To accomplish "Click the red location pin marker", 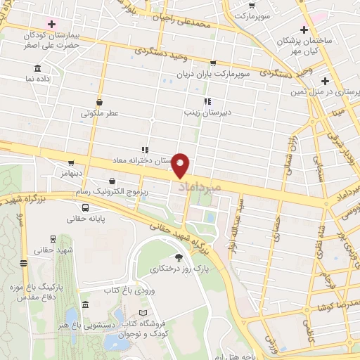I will point(181,166).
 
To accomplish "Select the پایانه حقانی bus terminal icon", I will point(85,207).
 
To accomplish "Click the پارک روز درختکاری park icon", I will point(178,257).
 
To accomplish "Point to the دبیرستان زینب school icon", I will point(207,101).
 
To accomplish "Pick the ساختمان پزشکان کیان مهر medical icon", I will point(303,30).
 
